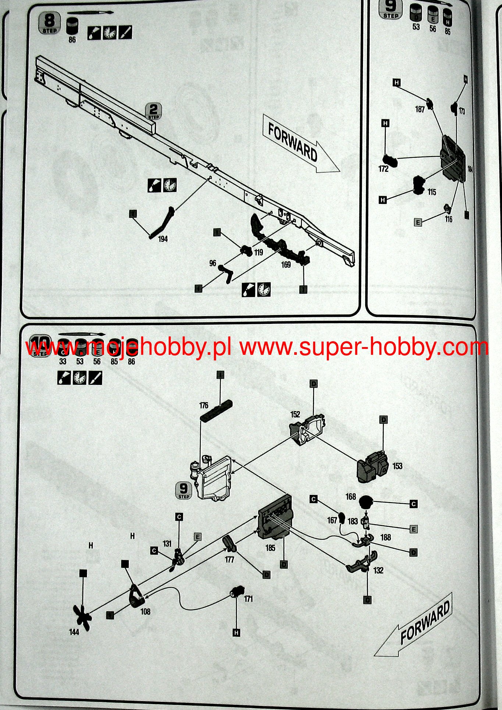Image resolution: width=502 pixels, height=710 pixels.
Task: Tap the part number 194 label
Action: [163, 239]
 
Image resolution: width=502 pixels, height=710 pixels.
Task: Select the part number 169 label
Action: [286, 264]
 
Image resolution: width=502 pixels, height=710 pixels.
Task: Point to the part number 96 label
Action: [213, 263]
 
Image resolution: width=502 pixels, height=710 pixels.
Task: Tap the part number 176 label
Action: [203, 405]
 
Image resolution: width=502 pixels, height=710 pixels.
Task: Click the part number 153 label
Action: [397, 466]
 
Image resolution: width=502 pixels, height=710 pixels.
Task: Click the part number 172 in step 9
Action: [383, 169]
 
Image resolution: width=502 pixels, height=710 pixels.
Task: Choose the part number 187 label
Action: [420, 109]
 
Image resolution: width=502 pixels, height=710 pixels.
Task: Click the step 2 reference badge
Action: [154, 110]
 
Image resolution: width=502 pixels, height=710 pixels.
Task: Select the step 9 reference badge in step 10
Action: [183, 490]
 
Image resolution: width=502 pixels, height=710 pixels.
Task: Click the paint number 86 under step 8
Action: [72, 39]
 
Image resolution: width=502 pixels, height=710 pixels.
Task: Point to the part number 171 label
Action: [249, 599]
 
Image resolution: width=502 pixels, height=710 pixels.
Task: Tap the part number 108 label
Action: [145, 612]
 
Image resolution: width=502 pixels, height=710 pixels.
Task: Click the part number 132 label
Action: [378, 570]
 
